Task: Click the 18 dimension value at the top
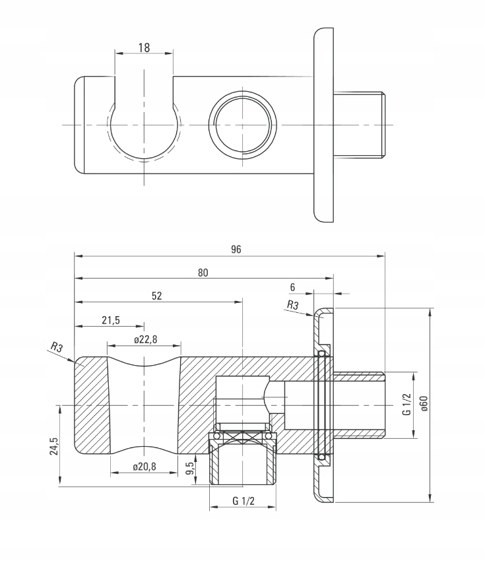coord(144,48)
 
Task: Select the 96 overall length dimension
coord(236,249)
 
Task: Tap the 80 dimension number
coord(203,273)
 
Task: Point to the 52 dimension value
coord(156,296)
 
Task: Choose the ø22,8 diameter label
coord(145,339)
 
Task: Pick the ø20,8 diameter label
coord(144,466)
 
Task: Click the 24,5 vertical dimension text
coord(54,446)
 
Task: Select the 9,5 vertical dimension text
coord(190,469)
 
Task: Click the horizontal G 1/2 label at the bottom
coord(243,501)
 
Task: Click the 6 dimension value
coord(292,286)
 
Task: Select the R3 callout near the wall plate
coord(293,305)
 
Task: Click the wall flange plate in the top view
coord(323,125)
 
